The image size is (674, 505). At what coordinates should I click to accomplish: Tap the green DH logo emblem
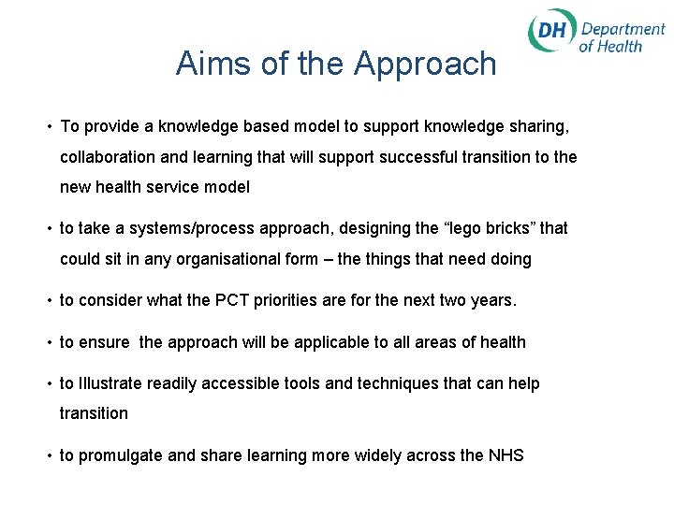551,33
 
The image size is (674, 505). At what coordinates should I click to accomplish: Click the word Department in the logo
623,29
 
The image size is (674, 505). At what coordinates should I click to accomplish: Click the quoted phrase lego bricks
479,229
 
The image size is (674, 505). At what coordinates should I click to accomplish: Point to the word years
493,301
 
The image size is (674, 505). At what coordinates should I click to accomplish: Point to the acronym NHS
505,455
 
